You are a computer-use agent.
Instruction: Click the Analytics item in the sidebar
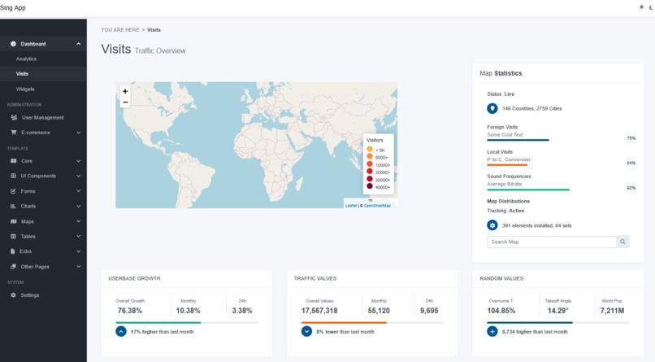coord(26,59)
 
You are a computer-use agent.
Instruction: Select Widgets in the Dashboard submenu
coord(25,89)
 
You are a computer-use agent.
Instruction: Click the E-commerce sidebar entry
coord(35,132)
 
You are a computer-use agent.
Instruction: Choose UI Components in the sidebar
coord(38,176)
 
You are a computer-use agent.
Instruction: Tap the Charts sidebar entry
coord(28,206)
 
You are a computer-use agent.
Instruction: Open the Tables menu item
coord(28,236)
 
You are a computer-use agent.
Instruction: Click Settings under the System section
coord(29,295)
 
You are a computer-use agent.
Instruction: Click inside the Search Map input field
coord(551,242)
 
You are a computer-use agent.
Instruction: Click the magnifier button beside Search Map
coord(622,242)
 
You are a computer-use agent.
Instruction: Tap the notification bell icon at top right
coord(641,7)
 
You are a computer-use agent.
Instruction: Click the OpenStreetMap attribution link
coord(377,206)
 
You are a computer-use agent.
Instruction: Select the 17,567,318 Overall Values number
coord(319,311)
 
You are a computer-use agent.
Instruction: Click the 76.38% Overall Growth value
coord(129,311)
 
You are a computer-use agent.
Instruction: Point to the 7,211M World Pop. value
coord(612,311)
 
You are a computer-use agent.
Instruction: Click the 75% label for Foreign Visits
coord(631,138)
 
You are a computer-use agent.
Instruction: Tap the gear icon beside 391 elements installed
coord(492,225)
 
